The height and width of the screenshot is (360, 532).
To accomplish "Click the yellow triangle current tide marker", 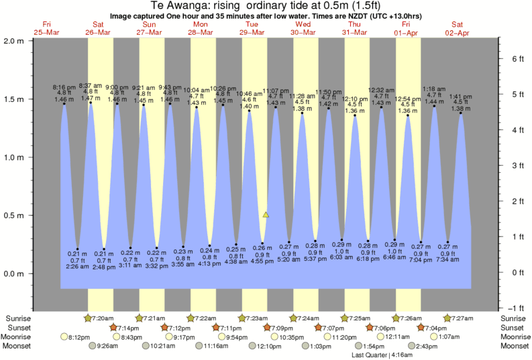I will tap(266, 215).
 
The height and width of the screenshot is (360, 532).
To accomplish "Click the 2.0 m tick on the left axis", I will tap(14, 40).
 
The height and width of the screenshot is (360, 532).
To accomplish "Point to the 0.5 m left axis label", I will tap(14, 216).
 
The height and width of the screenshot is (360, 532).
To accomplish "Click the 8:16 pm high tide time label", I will tap(64, 87).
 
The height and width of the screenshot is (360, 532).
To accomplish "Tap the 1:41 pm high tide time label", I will tap(461, 97).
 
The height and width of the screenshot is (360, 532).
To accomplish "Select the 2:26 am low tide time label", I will tap(78, 266).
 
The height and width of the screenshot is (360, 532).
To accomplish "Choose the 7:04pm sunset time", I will tap(432, 327).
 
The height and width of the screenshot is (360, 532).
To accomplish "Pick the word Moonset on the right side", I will tap(513, 346).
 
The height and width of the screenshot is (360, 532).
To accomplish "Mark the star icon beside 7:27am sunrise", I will tap(447, 318).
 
